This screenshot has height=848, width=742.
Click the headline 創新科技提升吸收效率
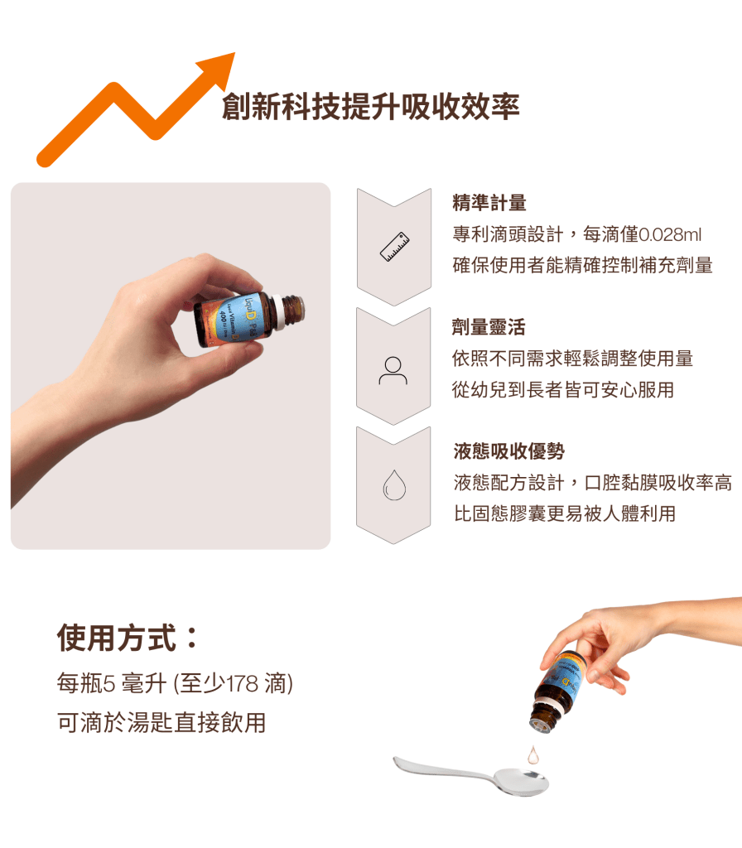coord(370,108)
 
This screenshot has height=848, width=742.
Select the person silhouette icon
coord(393,370)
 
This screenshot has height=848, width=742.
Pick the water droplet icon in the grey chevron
coord(393,486)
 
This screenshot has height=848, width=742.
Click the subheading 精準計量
coord(489,203)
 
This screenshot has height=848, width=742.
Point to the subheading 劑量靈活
coord(489,327)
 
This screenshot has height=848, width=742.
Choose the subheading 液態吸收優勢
coord(508,451)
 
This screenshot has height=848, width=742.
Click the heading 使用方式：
coord(128,638)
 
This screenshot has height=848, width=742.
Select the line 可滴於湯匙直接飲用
coord(161,722)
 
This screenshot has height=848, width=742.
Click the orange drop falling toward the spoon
coord(533,754)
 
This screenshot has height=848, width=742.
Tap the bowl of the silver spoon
coord(519,781)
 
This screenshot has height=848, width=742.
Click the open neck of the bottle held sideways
coord(295,309)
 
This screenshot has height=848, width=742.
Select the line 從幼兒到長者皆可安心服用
coord(564,389)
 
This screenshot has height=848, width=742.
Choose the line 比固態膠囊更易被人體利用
coord(565,513)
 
